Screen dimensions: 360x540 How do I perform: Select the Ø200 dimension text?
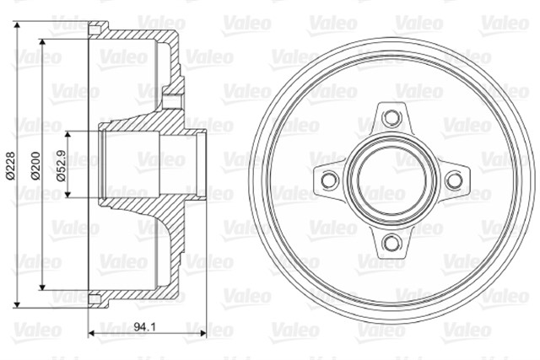tap(35, 167)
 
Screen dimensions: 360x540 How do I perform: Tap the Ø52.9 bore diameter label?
tap(59, 167)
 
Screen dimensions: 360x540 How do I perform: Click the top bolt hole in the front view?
tap(391, 116)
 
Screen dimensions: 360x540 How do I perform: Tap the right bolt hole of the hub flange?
tap(454, 179)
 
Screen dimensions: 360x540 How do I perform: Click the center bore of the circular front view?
tap(391, 179)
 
